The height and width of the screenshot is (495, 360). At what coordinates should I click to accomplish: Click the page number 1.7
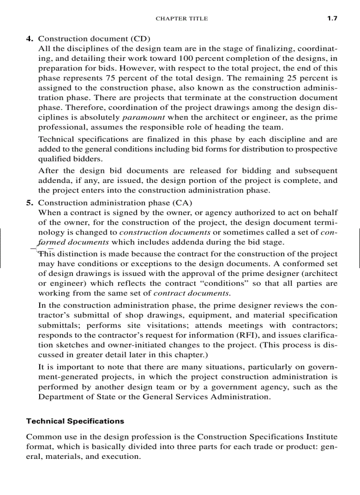click(332, 19)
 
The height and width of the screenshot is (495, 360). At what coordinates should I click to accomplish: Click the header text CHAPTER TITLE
click(182, 19)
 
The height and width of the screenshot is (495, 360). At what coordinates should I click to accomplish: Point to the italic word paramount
click(143, 118)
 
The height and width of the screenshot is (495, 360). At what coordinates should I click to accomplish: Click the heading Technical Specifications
click(75, 421)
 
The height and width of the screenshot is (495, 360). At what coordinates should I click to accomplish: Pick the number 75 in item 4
click(110, 78)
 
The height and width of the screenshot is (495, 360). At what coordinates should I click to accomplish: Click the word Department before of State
click(61, 397)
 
